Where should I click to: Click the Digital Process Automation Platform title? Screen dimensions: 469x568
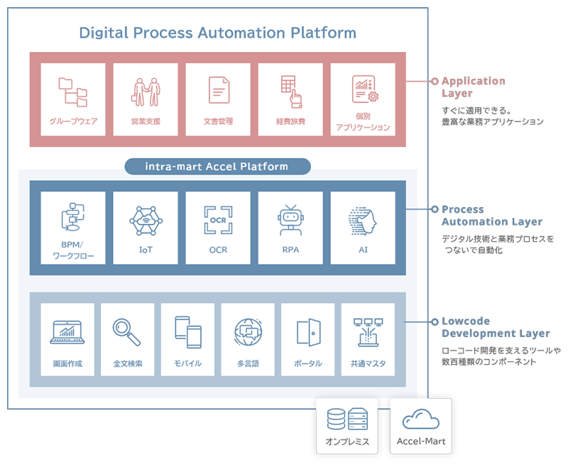pos(217,33)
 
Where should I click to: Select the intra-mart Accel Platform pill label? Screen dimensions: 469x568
pos(217,167)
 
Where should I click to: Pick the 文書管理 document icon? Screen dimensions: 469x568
pos(218,91)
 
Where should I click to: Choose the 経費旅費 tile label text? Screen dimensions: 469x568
pos(290,121)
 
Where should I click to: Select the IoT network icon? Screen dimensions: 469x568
pos(146,220)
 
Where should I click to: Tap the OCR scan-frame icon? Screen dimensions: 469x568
pos(218,220)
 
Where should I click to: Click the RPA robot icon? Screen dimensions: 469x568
pos(290,220)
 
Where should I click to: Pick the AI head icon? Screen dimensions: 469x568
pos(363,220)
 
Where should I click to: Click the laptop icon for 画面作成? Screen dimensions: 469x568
pos(67,331)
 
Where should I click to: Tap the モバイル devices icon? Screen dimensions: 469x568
pos(188,331)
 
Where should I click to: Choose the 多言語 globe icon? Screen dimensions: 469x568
pos(248,331)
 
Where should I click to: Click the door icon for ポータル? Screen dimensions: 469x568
pos(308,331)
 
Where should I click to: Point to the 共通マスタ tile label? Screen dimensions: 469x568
pos(368,363)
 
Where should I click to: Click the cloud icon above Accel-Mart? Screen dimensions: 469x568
pos(420,420)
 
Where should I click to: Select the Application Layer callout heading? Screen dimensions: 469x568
pos(473,87)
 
